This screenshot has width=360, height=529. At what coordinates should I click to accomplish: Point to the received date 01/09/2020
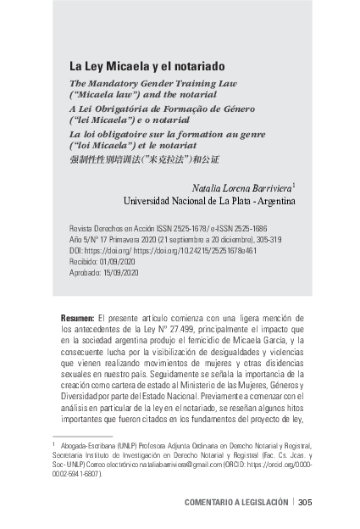click(119, 262)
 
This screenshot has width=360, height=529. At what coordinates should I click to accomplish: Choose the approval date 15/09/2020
click(122, 273)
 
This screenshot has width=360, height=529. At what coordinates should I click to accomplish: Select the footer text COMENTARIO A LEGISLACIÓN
click(235, 502)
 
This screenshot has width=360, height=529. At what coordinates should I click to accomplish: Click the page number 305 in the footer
click(305, 502)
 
